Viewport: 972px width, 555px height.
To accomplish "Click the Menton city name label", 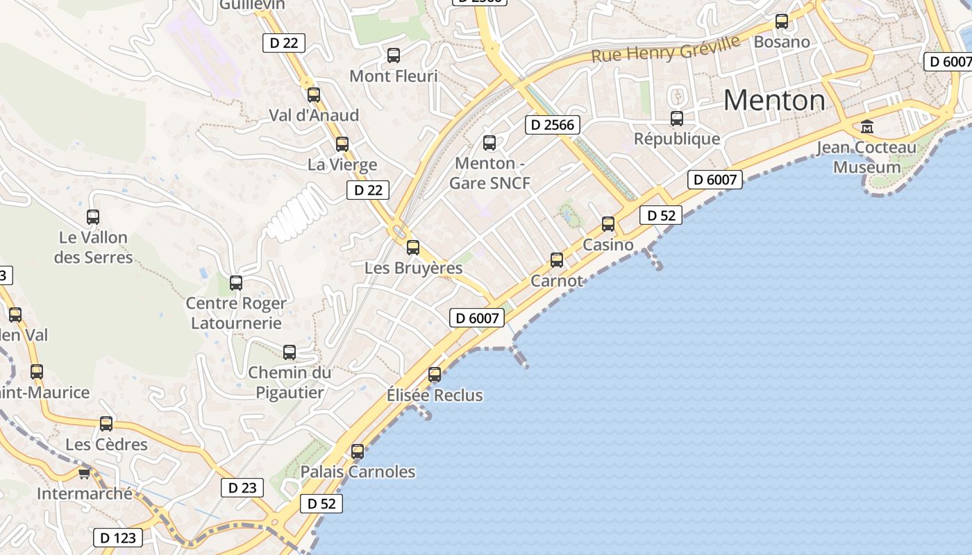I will coord(774,101).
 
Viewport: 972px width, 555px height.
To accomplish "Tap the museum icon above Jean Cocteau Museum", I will coord(867,127).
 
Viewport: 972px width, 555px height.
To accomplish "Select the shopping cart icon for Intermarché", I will coord(84,474).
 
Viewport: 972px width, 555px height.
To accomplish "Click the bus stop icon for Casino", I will coord(608,224).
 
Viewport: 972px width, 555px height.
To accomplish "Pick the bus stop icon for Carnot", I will coord(557,260).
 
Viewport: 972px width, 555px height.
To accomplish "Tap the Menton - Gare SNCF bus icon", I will coord(489,143).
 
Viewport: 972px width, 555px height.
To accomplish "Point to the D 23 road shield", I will coord(242,488).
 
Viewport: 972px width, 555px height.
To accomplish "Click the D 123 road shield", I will coord(118,538).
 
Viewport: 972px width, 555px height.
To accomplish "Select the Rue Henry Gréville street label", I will coord(665,49).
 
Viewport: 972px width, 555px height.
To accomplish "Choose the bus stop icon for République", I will coord(677,119).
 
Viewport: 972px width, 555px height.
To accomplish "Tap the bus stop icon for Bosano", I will coord(782,22).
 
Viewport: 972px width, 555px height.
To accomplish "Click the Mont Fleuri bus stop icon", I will coord(394,55).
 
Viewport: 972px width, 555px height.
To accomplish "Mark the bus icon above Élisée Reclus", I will coord(435,375).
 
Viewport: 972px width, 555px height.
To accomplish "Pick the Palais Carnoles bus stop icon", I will coord(358,452).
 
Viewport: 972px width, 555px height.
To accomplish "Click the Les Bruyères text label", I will coord(414,268).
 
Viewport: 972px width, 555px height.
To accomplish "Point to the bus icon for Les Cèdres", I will coord(106,424).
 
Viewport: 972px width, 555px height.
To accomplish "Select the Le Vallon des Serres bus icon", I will coord(93,217).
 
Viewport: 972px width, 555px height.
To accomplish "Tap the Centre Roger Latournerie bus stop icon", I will coord(236,283).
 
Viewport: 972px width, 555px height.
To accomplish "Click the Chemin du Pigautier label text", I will coord(290,382).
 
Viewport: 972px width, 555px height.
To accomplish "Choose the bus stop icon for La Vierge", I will coord(342,144).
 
